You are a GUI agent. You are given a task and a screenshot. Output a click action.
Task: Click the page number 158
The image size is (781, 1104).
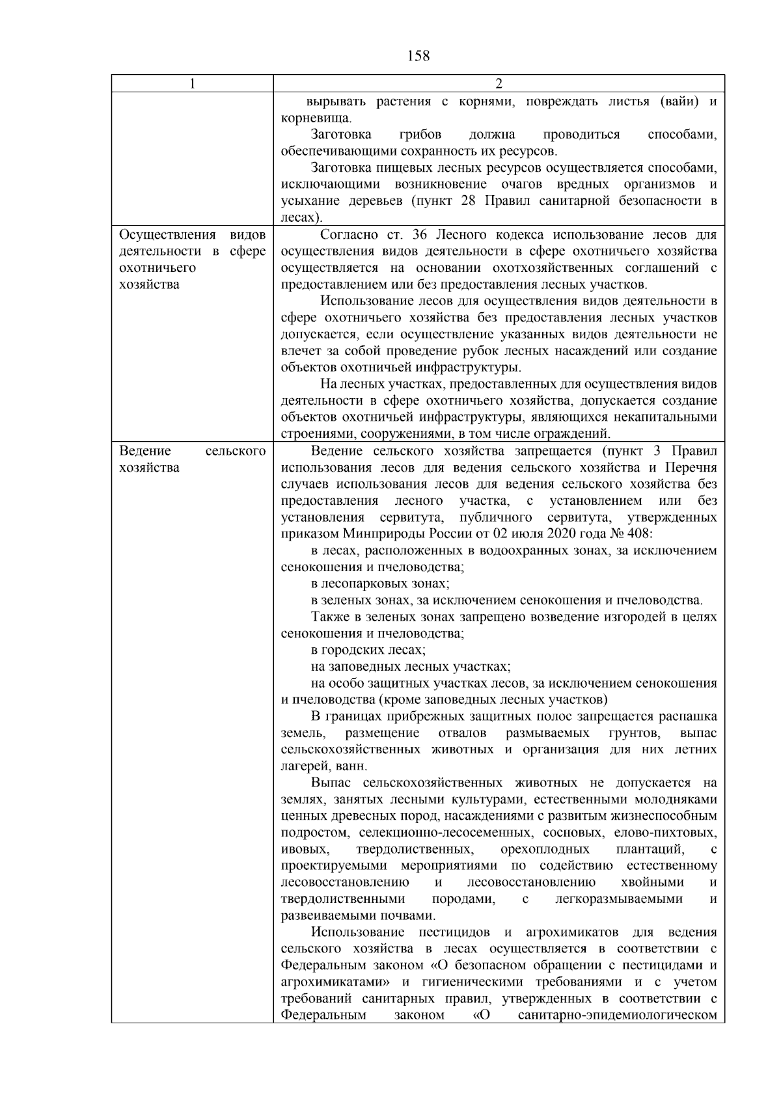coord(418,56)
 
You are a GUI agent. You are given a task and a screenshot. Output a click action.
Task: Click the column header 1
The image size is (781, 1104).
coord(192,84)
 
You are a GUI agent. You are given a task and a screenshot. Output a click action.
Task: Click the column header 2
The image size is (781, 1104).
coord(499,84)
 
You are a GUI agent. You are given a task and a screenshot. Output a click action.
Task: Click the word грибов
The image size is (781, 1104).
coord(420,135)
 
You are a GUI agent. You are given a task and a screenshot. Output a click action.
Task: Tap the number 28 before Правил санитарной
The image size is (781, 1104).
coord(468,201)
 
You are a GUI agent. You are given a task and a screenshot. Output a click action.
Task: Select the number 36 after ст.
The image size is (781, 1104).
coord(420,235)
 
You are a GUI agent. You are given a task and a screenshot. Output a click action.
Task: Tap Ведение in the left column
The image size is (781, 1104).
coord(145,451)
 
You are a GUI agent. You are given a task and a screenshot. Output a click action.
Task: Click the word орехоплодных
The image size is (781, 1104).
coord(545,850)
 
